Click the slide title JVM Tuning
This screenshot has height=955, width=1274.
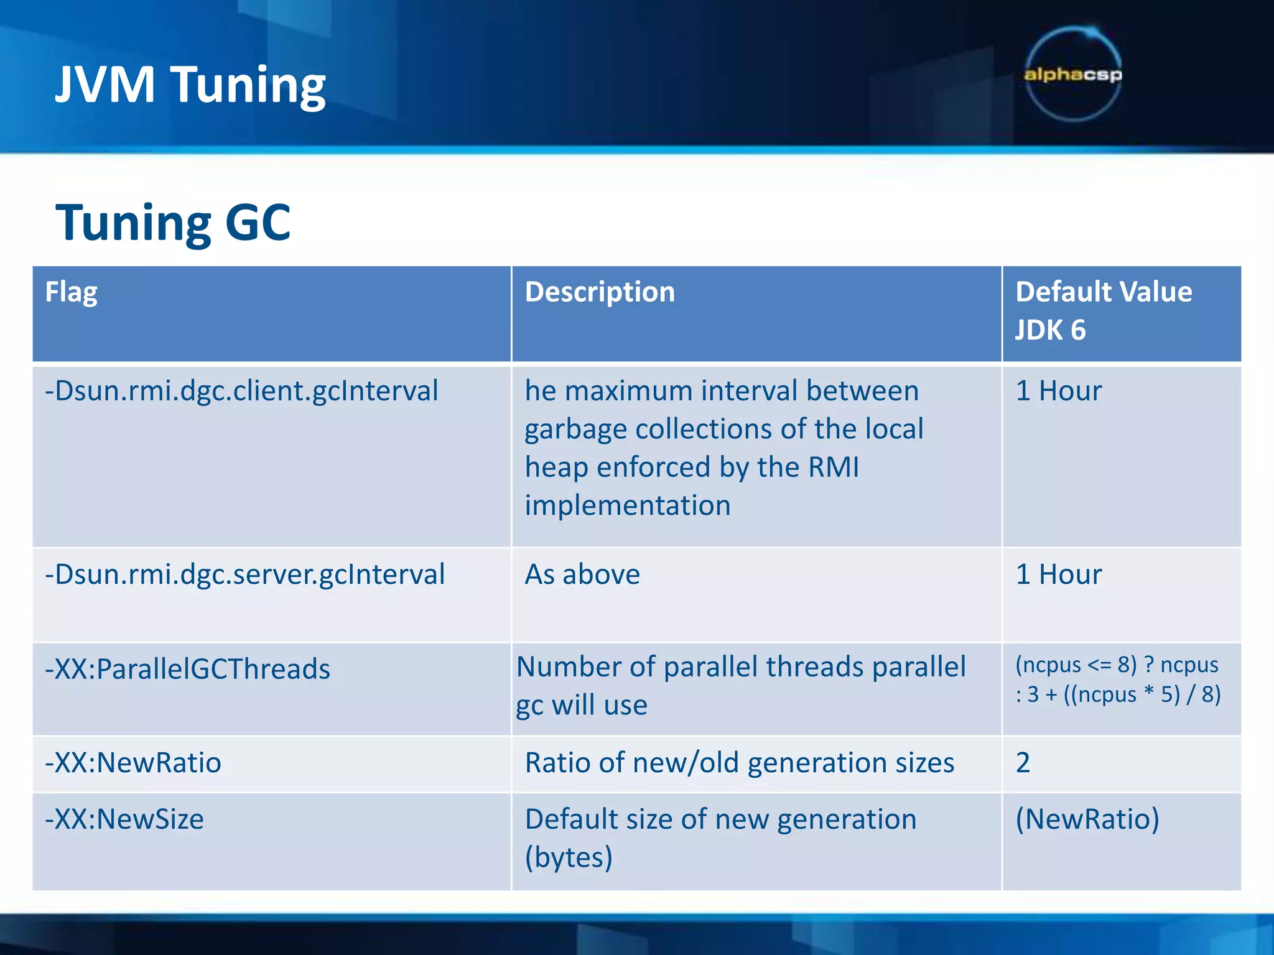190,85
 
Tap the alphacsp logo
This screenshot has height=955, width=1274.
1073,75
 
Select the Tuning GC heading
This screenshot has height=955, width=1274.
173,222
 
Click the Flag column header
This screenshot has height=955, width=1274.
71,292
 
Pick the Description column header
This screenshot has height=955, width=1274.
600,292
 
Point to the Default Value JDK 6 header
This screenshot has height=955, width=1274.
1103,310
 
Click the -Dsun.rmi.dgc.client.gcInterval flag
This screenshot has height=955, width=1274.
241,391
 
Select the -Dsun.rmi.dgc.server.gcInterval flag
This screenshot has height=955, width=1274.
244,574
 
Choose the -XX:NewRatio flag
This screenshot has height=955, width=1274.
133,763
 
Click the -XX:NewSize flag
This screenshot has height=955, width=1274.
124,819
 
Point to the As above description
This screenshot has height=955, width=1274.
582,574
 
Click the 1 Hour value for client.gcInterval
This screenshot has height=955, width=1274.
1058,391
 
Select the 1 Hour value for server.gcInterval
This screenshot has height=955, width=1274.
1058,574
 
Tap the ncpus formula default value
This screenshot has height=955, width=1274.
1117,680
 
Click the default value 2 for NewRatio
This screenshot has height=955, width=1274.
1023,763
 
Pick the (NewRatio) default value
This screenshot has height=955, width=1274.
1087,819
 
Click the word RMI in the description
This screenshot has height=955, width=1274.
834,468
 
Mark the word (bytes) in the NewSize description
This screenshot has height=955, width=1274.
569,858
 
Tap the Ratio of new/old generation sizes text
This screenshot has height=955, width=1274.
739,763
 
